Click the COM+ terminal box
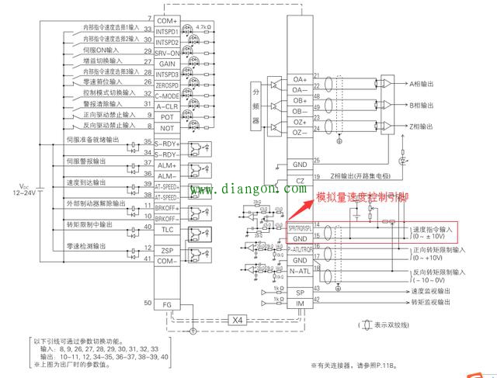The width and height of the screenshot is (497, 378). coord(167,19)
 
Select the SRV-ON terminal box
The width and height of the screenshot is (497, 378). coord(167,53)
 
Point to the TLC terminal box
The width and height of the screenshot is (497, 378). coord(167,229)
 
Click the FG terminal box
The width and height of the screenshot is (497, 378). coord(167,303)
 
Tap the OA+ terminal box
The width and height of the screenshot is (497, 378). coord(299,79)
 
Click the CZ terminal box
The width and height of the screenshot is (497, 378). coord(299,180)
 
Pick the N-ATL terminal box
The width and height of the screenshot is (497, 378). coord(299,272)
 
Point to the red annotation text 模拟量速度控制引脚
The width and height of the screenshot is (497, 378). coord(361,199)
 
